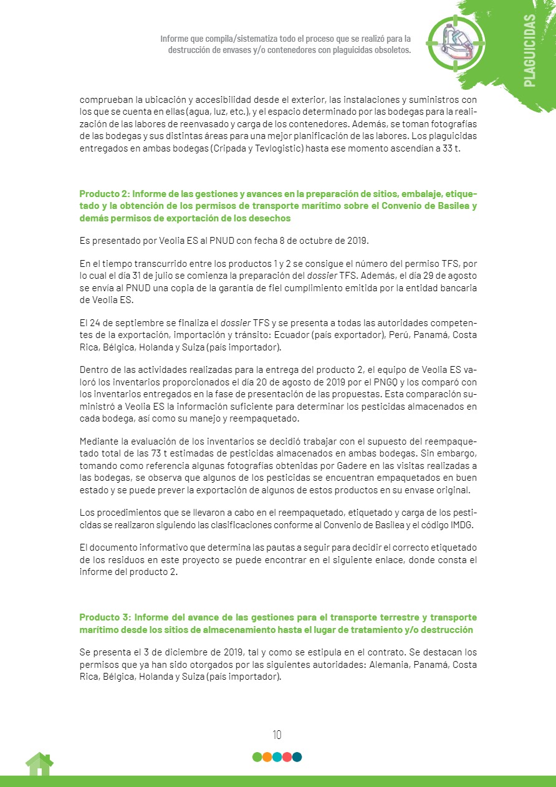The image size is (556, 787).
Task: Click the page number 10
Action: click(277, 735)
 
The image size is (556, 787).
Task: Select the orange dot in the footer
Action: click(267, 757)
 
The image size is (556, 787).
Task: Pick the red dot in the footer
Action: click(287, 757)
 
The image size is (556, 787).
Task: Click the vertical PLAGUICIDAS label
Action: click(529, 51)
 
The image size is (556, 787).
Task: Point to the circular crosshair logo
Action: click(456, 42)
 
